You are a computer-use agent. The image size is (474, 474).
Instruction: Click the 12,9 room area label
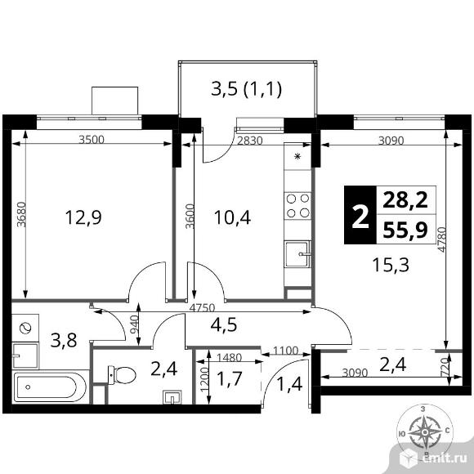click(83, 217)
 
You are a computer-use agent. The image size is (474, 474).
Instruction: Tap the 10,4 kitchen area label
click(232, 217)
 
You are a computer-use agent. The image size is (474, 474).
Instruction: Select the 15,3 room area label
click(391, 265)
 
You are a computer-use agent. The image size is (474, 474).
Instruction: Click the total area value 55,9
click(405, 230)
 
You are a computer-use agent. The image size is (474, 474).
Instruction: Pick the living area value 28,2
click(405, 200)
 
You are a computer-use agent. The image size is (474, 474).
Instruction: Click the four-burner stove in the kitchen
click(297, 206)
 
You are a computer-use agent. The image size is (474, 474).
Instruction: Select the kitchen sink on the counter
click(297, 253)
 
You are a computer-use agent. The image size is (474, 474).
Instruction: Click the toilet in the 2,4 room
click(122, 375)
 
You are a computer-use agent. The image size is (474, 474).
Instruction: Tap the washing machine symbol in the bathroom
click(25, 328)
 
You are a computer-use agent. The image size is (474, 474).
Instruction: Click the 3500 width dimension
click(92, 140)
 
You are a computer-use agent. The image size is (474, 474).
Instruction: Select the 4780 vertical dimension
click(442, 239)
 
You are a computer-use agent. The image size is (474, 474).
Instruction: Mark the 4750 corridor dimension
click(202, 308)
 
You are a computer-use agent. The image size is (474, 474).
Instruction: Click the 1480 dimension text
click(230, 358)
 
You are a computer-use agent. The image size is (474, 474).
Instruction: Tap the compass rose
click(425, 432)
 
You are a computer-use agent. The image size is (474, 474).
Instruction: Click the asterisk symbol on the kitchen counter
click(297, 156)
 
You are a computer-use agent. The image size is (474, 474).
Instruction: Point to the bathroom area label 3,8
click(64, 340)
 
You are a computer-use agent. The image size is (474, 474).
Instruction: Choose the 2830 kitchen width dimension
click(250, 141)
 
